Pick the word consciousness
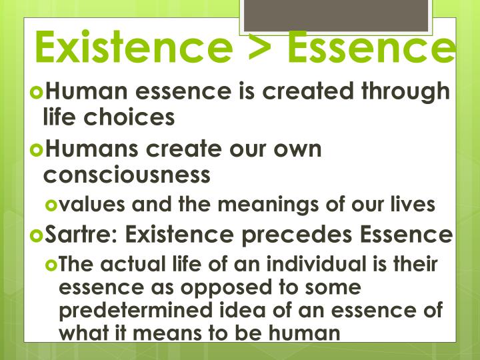[127, 174]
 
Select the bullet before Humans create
[37, 150]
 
